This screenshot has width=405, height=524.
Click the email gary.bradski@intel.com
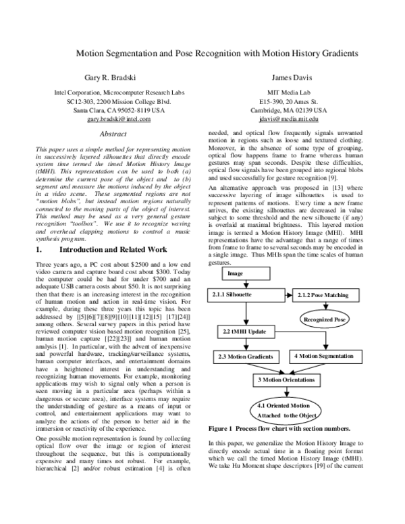[109, 118]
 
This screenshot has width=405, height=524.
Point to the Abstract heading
[109, 134]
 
